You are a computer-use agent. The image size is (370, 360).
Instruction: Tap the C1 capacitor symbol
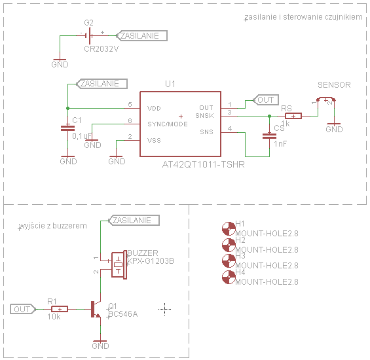coord(67,128)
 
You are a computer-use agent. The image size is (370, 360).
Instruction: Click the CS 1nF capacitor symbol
coord(268,136)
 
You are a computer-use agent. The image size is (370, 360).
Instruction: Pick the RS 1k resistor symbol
coord(293,116)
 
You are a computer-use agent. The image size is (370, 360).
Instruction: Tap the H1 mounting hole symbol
coord(228,228)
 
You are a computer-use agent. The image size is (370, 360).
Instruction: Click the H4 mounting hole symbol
coord(228,277)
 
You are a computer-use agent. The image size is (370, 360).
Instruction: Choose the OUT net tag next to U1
coord(265,100)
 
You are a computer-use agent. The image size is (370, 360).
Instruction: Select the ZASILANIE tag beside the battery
coord(141,36)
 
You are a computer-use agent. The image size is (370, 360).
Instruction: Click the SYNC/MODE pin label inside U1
coord(168,124)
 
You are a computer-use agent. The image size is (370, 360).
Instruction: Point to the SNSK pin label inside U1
coord(206,116)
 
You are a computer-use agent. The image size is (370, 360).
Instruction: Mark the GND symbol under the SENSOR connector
coord(334,127)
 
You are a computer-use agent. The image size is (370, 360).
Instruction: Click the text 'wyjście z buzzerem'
coord(53,225)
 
